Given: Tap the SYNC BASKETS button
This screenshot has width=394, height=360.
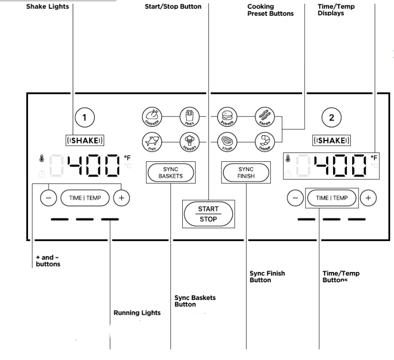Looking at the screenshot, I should [170, 173].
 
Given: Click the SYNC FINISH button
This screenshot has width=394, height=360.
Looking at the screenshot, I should [246, 173].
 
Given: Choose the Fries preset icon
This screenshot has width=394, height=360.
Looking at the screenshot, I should [189, 117].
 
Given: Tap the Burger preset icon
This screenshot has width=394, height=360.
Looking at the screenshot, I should [227, 117].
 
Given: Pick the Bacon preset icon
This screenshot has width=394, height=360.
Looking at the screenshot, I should [265, 117].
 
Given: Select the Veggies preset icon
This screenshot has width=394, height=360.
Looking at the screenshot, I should [189, 142].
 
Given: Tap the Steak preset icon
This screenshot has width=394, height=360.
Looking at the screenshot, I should [227, 142].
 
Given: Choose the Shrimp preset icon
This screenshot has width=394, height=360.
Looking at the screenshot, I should [265, 142].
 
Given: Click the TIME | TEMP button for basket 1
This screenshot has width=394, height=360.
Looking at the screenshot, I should [84, 198].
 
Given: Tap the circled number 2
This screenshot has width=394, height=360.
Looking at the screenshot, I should [331, 117].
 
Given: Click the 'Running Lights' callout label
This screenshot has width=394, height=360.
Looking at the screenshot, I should [137, 313].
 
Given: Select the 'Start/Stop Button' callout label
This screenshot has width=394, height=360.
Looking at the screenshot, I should [173, 6].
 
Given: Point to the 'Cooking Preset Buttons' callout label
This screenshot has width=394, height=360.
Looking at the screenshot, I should [270, 10].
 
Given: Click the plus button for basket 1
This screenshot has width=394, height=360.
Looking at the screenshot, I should [121, 198].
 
